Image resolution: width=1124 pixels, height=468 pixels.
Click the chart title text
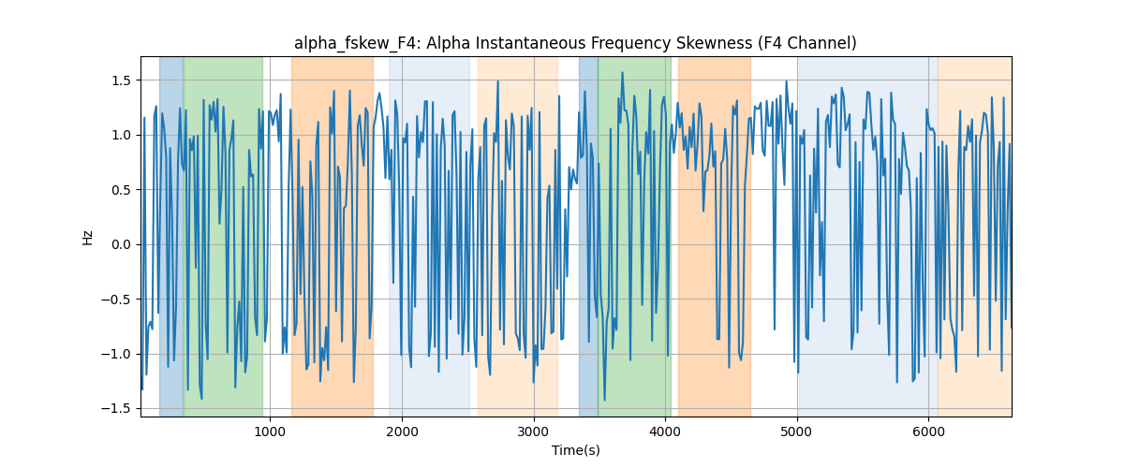point(575,43)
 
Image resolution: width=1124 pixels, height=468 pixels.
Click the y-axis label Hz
point(88,238)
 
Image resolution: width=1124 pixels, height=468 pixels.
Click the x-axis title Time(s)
point(575,450)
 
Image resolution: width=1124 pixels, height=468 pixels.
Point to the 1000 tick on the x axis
point(270,431)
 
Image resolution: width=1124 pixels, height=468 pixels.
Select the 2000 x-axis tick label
point(402,431)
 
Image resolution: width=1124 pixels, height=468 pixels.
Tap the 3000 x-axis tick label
point(533,431)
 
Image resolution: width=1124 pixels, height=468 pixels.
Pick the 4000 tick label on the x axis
point(665,431)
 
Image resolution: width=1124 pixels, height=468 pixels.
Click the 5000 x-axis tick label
point(797,431)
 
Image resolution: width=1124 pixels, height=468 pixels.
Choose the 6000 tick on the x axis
point(928,431)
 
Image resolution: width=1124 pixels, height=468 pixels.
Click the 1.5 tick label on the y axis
point(121,80)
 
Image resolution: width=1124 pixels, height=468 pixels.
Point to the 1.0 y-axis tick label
point(121,135)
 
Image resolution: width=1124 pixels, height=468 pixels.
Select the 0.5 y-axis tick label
point(121,190)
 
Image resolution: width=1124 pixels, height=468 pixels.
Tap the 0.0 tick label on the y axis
point(121,244)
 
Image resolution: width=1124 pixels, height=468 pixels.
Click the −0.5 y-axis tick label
point(116,300)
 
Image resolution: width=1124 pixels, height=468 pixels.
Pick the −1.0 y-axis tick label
point(116,354)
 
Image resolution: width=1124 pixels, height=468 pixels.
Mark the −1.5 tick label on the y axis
point(116,409)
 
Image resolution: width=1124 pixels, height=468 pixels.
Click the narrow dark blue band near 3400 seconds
point(588,236)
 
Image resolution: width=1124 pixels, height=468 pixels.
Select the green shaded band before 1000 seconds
point(223,236)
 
